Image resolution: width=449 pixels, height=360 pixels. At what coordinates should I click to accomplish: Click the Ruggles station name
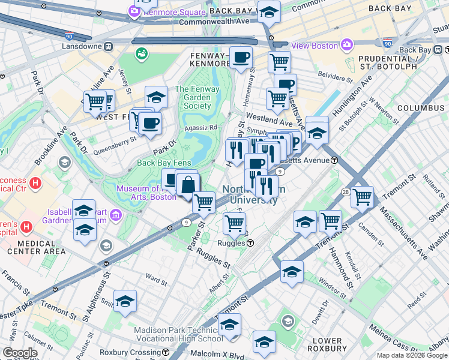(231, 243)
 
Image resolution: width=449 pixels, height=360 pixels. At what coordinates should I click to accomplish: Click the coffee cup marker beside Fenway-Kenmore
(241, 58)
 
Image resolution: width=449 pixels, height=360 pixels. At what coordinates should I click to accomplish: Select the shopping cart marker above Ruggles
(234, 223)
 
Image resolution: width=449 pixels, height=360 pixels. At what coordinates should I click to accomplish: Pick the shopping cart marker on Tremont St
(330, 221)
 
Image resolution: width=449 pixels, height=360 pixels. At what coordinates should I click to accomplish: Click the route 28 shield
(346, 191)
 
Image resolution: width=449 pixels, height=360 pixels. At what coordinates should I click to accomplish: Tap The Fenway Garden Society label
(193, 97)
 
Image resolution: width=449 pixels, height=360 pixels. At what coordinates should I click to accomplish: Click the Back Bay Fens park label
(164, 163)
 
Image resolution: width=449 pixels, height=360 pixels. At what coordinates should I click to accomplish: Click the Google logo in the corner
(20, 353)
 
